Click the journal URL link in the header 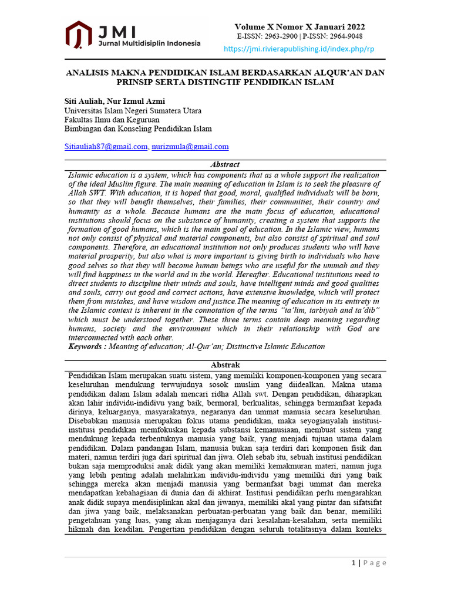point(299,49)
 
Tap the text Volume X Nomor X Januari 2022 point(299,27)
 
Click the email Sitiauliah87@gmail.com point(106,147)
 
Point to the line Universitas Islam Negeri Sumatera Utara point(133,110)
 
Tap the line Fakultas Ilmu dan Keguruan point(112,120)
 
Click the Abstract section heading point(225,165)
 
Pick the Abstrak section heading point(225,365)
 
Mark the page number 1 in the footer point(354,563)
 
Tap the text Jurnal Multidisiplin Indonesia point(150,43)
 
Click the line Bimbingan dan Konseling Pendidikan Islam point(138,129)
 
